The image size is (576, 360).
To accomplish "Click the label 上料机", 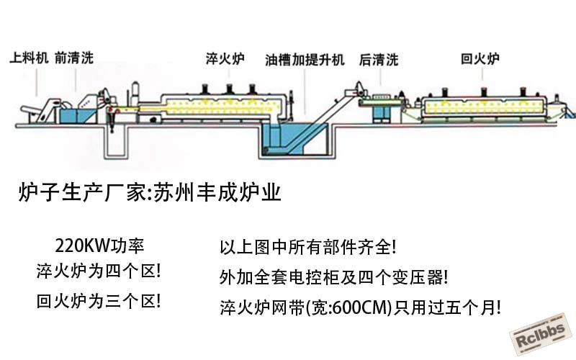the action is tap(29, 58).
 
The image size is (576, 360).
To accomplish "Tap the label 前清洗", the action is tap(74, 58).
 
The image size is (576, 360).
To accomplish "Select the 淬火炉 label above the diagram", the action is tap(225, 59).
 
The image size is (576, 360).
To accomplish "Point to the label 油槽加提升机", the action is tap(305, 60).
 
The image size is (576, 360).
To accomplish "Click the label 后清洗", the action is tap(379, 60).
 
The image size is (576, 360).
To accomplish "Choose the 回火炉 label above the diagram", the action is tap(480, 58).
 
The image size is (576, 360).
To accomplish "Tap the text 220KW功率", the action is tap(99, 246).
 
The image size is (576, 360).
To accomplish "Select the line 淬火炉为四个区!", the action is tap(99, 271).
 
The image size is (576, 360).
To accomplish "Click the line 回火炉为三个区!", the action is tap(99, 302).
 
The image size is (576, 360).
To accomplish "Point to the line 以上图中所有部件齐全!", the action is tap(308, 247).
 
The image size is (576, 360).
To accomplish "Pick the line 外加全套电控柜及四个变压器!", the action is tap(333, 277).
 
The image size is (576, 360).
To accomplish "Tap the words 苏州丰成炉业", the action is tap(217, 192).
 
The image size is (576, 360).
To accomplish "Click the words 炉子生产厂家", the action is tap(82, 192).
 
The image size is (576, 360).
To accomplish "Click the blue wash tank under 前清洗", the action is tap(78, 116).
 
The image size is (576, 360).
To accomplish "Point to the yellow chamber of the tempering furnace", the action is tap(484, 107).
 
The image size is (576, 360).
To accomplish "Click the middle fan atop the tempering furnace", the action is tap(484, 92).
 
